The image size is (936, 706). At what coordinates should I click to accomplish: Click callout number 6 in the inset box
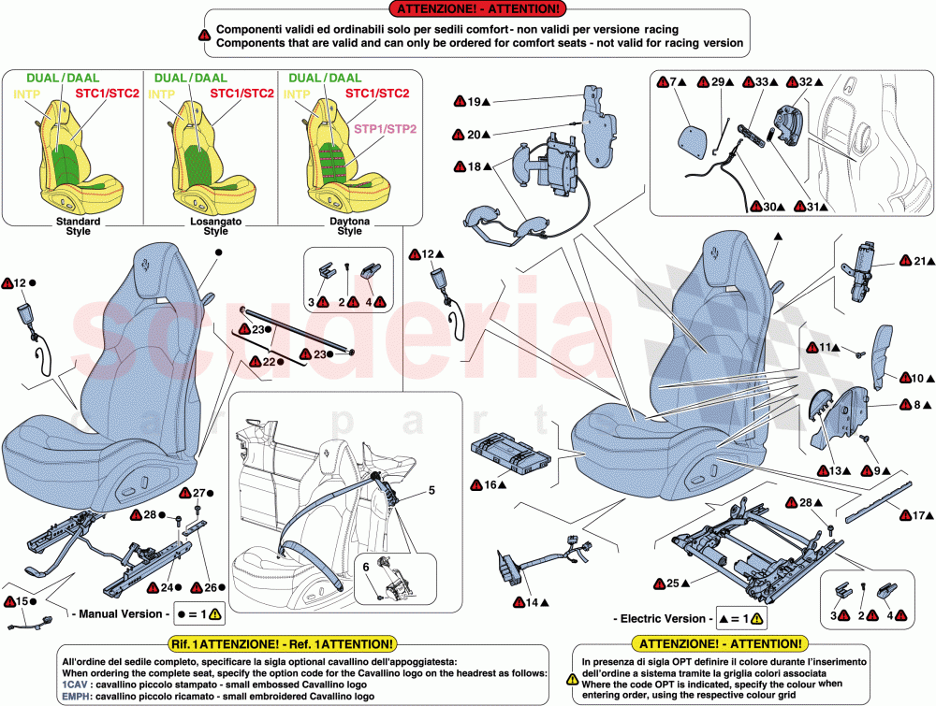(x=367, y=568)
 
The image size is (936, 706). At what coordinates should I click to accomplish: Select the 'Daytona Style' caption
(x=349, y=225)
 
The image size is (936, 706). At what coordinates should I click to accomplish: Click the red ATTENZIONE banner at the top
(x=474, y=9)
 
